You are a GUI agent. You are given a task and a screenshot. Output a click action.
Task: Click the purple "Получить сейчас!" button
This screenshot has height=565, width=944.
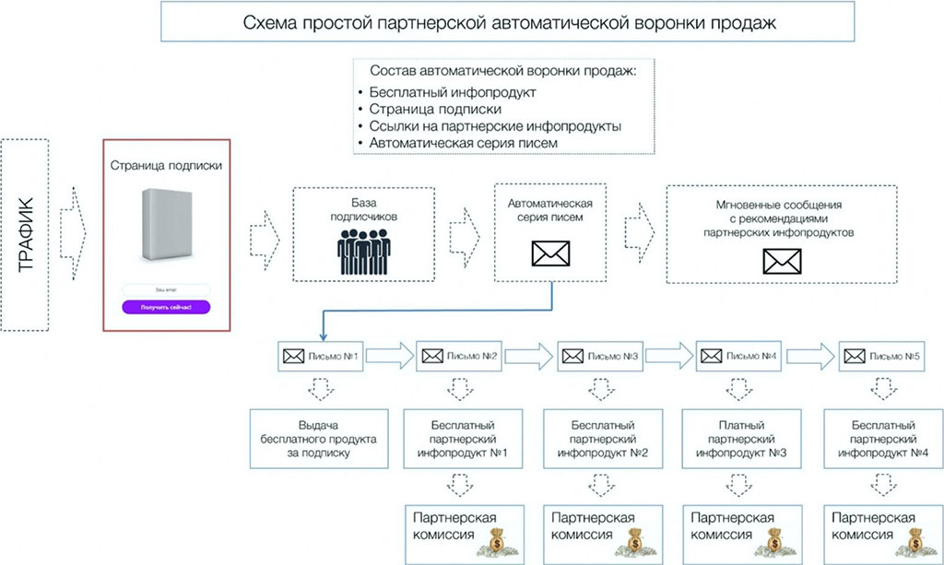point(166,307)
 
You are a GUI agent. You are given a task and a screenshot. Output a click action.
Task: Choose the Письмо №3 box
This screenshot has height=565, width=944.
point(600,356)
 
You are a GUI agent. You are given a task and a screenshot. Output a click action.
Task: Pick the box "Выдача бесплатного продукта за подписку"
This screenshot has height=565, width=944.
point(318,441)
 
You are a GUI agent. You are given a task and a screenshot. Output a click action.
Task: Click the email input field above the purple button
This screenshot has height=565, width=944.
point(166,289)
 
